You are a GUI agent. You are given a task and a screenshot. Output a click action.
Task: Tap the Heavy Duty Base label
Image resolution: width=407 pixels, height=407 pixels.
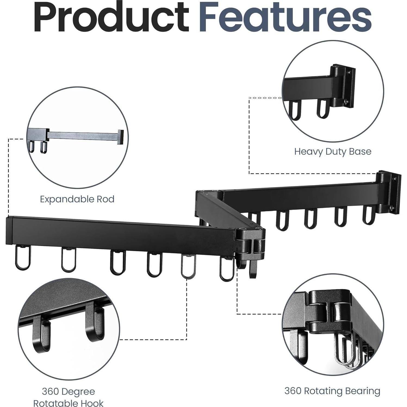pos(333,151)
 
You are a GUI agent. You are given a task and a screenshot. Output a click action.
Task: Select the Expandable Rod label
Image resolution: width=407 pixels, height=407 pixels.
pos(77,199)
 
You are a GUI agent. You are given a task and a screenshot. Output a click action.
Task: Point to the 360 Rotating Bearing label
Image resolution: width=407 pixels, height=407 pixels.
pos(332,391)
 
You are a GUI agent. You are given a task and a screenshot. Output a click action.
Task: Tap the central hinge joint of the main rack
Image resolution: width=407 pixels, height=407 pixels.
pos(251,242)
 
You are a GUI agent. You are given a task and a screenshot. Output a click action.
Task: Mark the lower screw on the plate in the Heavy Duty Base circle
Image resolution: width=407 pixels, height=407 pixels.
pos(346,101)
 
